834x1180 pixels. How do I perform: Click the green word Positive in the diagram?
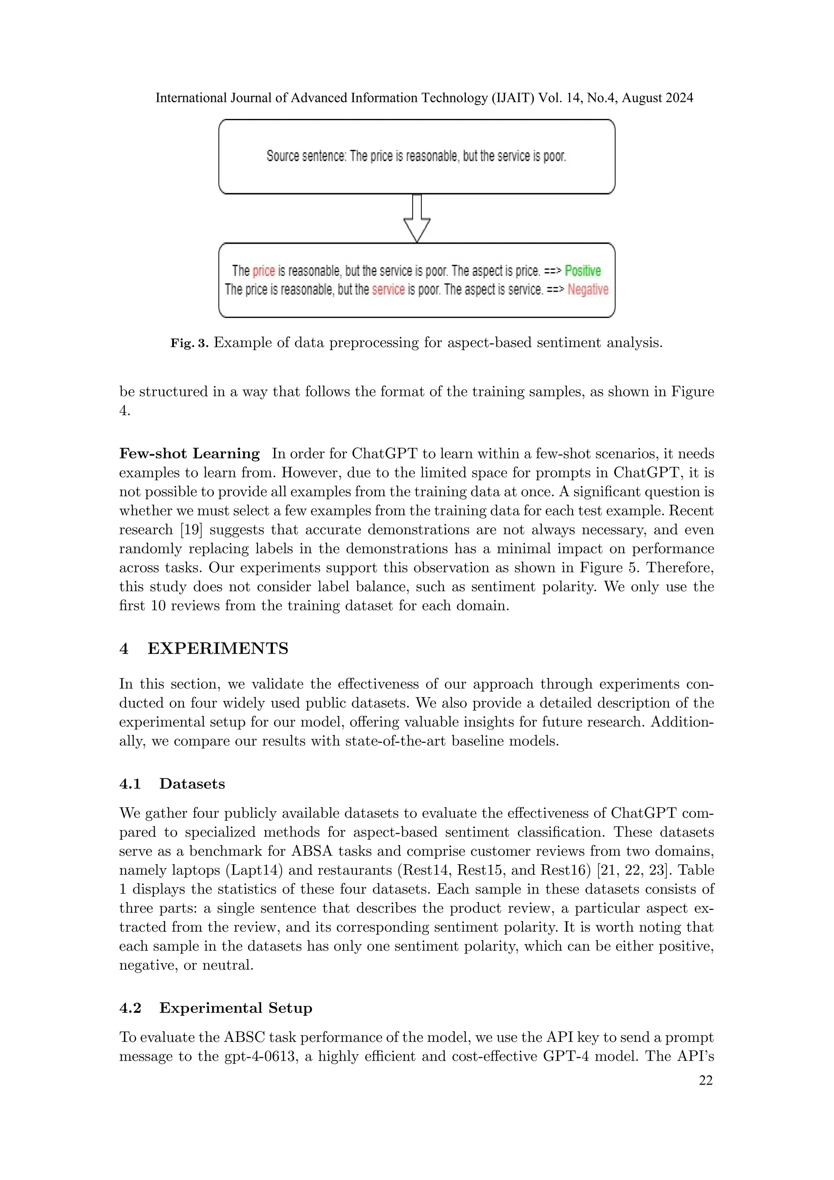click(x=582, y=271)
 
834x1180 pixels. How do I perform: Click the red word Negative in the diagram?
click(x=588, y=290)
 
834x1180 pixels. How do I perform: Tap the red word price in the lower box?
click(x=263, y=271)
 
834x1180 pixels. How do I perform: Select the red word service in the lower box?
click(x=388, y=290)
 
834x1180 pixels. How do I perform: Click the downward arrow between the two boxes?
click(x=417, y=218)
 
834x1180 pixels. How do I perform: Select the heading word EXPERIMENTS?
click(x=218, y=649)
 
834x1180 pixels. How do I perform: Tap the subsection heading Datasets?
click(x=192, y=784)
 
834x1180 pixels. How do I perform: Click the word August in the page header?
click(x=639, y=98)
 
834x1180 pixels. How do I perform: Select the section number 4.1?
click(x=130, y=784)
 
